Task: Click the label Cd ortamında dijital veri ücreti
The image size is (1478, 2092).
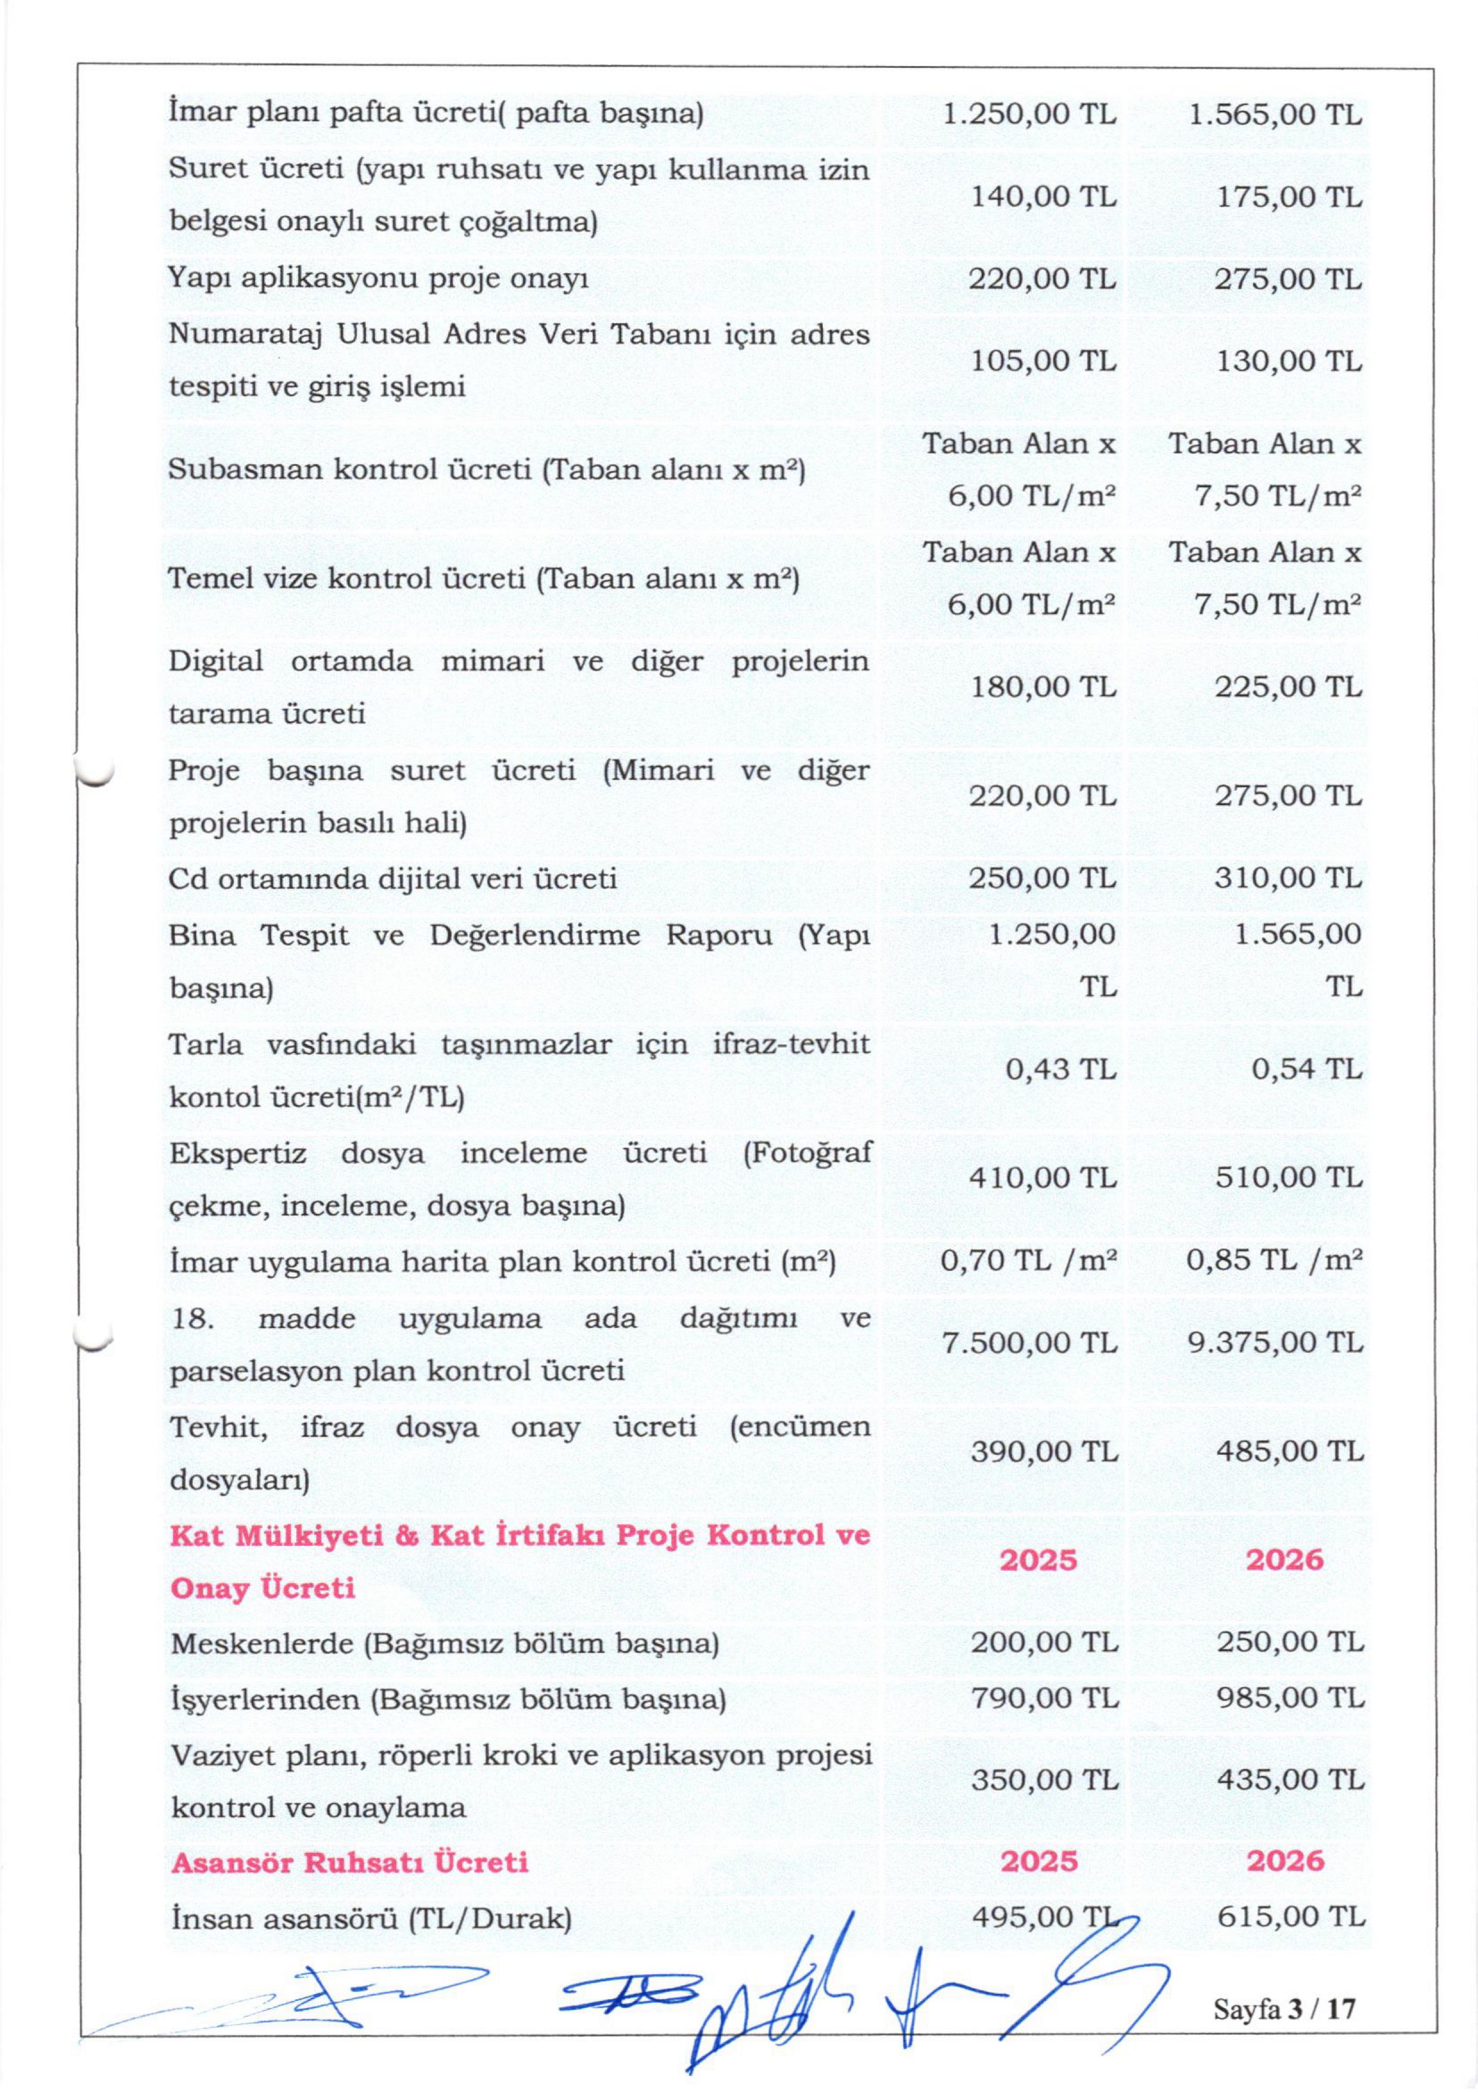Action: [x=392, y=878]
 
